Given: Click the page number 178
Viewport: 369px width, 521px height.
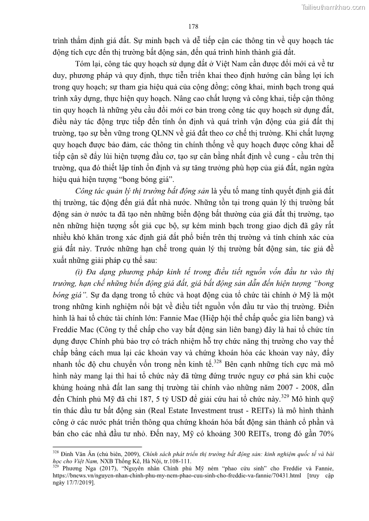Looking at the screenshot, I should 184,25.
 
